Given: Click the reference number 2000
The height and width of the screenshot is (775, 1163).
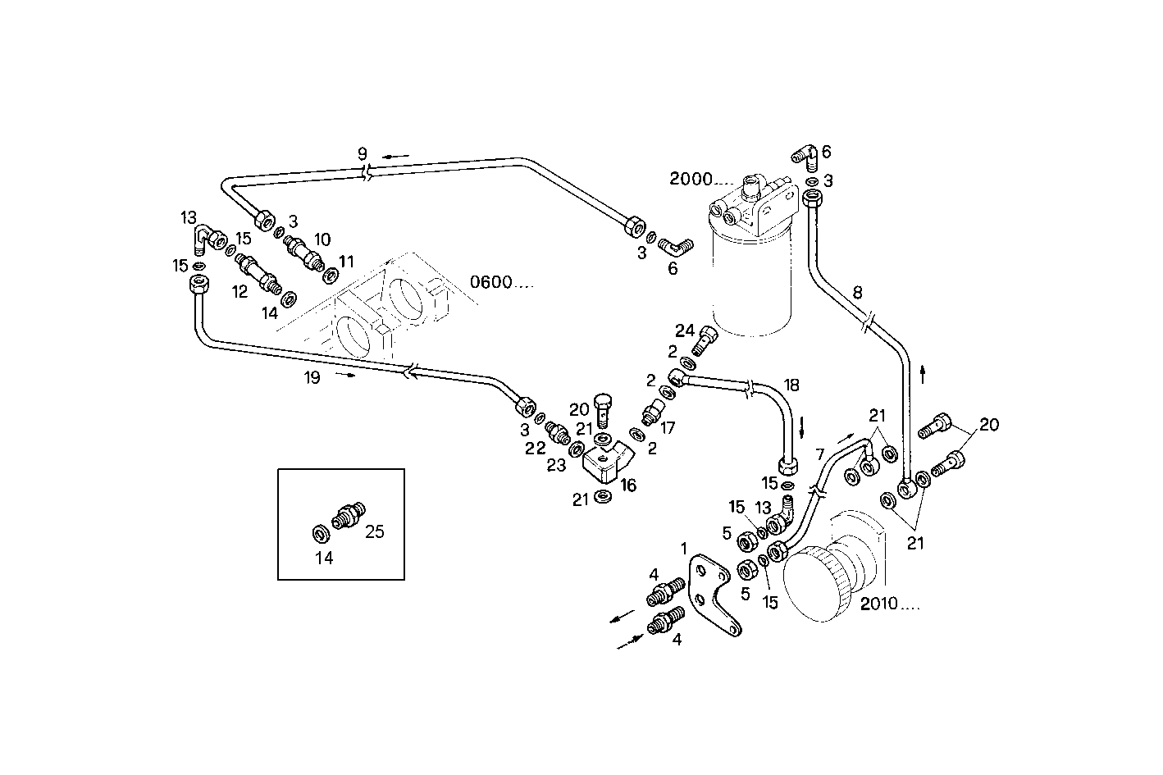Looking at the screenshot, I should (x=690, y=180).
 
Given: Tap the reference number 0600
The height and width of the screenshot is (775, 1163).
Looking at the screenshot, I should (x=491, y=282).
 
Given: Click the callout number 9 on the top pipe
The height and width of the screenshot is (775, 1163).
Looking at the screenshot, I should (x=363, y=153).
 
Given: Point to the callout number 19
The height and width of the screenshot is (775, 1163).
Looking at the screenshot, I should (x=311, y=376).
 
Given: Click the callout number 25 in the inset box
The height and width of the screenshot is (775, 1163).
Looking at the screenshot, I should (x=374, y=531).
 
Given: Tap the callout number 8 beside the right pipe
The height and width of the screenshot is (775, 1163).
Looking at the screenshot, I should (x=857, y=292).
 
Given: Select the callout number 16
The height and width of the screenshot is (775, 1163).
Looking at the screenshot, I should (x=628, y=486).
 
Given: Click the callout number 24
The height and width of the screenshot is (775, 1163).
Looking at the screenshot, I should (x=685, y=331).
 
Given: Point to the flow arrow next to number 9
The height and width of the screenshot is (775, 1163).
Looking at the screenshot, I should (x=397, y=155).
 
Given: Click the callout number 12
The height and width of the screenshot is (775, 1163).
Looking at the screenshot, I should (x=239, y=291).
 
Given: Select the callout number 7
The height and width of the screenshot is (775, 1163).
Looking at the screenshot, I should (x=819, y=454).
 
